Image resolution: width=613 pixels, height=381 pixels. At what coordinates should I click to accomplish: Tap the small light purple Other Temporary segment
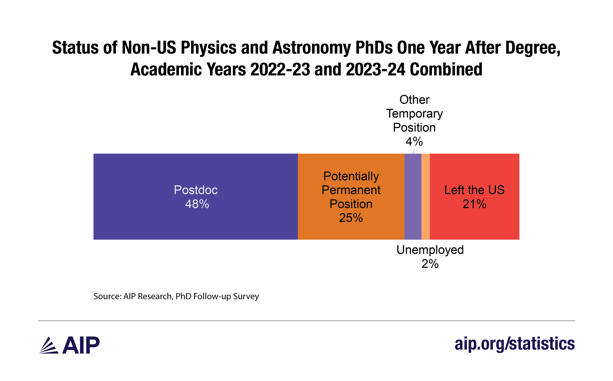point(413,197)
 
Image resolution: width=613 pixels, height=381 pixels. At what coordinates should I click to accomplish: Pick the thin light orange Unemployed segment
point(426,197)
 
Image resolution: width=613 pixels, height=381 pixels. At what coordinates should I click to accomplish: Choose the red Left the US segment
point(474,222)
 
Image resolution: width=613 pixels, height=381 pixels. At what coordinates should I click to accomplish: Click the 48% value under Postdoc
point(197,204)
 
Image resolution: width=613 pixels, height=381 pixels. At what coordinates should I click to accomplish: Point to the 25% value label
point(351,218)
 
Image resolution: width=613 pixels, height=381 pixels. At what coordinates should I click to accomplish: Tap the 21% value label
point(474,204)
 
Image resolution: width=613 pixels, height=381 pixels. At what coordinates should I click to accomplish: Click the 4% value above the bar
point(414,141)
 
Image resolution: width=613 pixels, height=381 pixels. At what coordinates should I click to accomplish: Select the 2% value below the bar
point(430,264)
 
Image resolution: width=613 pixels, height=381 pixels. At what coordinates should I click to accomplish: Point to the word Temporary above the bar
point(414,114)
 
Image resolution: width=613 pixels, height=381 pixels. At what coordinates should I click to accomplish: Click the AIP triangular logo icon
point(49,345)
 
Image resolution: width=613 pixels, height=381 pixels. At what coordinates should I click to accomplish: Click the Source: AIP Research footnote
point(176,296)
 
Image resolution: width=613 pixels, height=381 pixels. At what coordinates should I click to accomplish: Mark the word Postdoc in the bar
point(196,190)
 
